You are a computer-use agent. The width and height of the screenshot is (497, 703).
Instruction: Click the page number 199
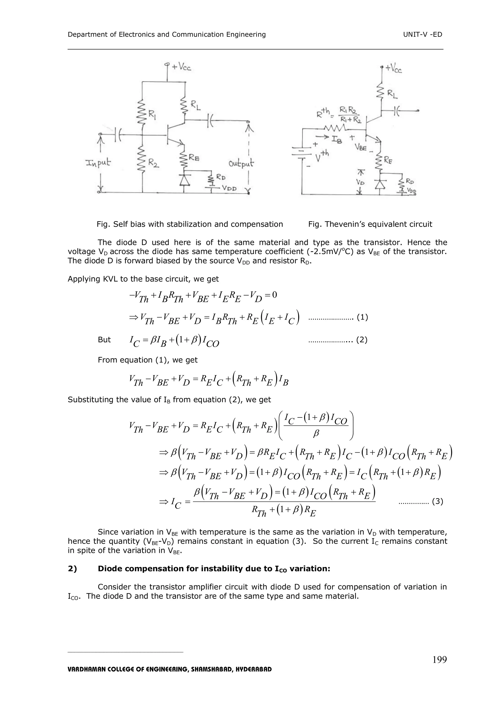[439, 660]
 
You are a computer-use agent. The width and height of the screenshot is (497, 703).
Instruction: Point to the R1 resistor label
[152, 115]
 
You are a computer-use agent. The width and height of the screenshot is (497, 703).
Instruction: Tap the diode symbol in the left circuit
[184, 180]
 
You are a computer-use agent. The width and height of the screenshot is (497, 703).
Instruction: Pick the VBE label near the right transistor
[361, 148]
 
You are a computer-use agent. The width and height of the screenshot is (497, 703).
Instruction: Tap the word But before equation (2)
[104, 340]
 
